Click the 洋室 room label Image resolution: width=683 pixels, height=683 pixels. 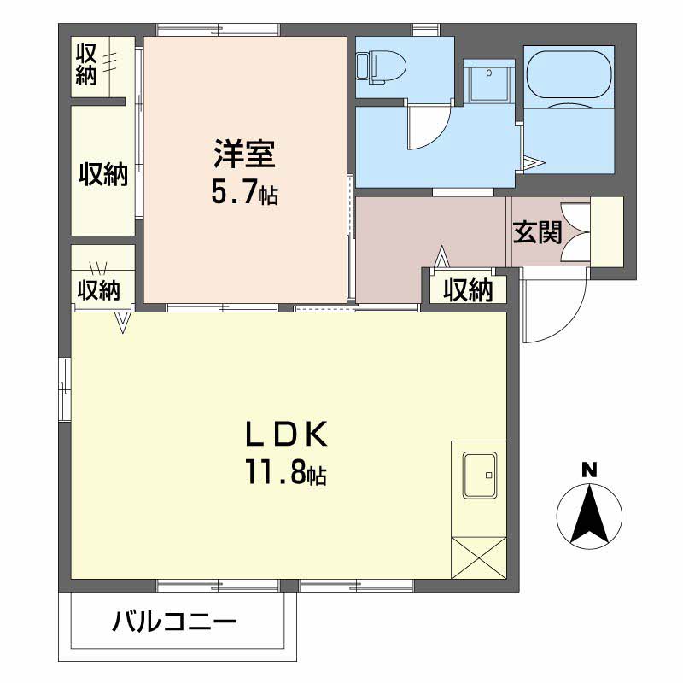click(x=244, y=154)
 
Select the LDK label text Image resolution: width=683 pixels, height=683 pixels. click(x=286, y=434)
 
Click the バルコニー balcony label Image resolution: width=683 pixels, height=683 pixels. click(x=174, y=622)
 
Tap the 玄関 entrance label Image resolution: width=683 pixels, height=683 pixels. click(x=537, y=232)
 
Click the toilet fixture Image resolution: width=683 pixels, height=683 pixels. click(x=380, y=67)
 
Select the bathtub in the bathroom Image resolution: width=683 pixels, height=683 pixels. click(x=569, y=75)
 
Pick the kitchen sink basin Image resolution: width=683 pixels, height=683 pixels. click(x=480, y=476)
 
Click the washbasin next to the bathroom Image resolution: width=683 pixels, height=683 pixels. click(x=489, y=80)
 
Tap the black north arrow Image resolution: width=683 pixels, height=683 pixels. click(x=589, y=515)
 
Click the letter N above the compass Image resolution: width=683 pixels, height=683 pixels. click(x=589, y=470)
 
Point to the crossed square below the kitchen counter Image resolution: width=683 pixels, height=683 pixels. click(x=479, y=558)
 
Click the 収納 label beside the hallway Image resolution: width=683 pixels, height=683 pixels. click(x=468, y=290)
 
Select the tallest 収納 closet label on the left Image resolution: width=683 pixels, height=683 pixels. click(x=103, y=175)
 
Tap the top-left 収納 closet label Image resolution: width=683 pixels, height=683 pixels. click(x=86, y=64)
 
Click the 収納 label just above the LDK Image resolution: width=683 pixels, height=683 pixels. click(x=99, y=289)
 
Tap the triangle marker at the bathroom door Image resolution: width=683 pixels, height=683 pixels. click(x=534, y=163)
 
